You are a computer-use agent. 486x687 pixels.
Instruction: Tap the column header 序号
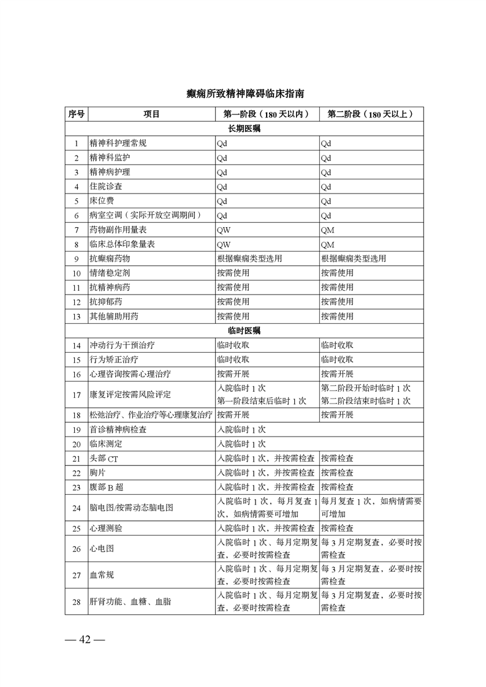click(x=76, y=114)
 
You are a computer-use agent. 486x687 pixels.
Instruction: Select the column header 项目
click(x=151, y=114)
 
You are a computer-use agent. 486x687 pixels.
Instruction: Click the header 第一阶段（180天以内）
click(x=266, y=114)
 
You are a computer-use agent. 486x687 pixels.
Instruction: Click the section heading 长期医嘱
click(x=244, y=129)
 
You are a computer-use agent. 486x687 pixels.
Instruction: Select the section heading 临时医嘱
click(x=244, y=331)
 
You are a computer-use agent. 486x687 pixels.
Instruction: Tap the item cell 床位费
click(x=102, y=201)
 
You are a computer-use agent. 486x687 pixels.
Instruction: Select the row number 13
click(x=76, y=317)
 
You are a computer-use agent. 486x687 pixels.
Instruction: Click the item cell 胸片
click(x=98, y=473)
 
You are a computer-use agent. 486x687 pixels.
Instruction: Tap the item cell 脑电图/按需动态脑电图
click(x=131, y=508)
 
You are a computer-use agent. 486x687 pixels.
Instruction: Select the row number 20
click(x=76, y=444)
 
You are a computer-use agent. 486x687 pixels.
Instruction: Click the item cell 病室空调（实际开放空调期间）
click(x=145, y=216)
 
